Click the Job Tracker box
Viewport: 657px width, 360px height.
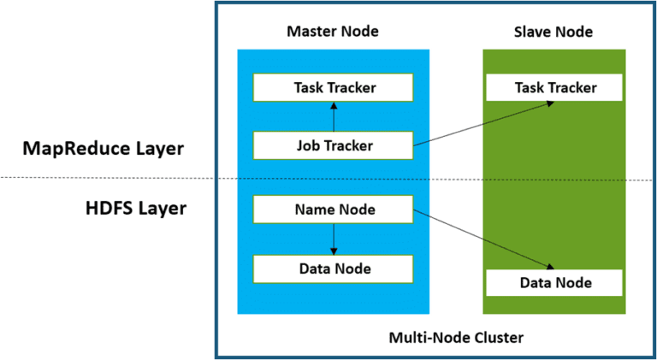(x=333, y=145)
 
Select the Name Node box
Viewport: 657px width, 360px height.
(x=333, y=209)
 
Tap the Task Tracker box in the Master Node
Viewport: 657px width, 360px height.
(x=333, y=87)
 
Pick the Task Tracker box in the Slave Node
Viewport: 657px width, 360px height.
(x=554, y=87)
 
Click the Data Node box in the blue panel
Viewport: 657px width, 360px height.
(x=333, y=269)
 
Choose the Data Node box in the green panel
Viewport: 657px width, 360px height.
(x=554, y=283)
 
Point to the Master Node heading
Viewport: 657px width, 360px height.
(x=333, y=31)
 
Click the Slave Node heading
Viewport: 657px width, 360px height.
(x=553, y=32)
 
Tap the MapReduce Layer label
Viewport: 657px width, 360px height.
(x=103, y=150)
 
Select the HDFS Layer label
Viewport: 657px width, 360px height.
(x=136, y=209)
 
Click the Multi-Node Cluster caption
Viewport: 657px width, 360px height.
(x=456, y=338)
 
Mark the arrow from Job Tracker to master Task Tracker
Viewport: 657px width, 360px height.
(x=334, y=116)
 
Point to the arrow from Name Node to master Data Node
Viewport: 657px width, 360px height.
(x=334, y=239)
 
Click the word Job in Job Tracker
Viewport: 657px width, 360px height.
(x=308, y=145)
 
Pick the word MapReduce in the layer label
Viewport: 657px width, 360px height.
(x=76, y=150)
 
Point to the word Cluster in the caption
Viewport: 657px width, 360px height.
(x=500, y=338)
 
